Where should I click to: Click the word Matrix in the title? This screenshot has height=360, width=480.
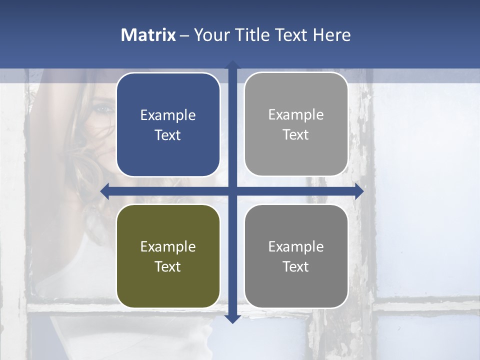point(148,35)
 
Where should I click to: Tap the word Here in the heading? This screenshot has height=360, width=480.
point(331,35)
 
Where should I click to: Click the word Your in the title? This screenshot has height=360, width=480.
point(210,35)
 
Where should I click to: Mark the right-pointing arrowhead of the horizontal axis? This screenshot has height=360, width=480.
point(359,191)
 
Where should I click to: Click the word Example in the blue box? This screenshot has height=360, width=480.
point(168,115)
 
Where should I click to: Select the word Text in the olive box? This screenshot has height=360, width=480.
point(168,266)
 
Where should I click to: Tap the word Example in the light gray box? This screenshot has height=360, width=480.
point(296,115)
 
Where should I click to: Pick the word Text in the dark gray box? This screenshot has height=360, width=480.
point(296,266)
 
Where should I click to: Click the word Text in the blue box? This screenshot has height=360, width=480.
point(168,135)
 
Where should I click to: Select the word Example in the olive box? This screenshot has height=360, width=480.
point(168,246)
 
